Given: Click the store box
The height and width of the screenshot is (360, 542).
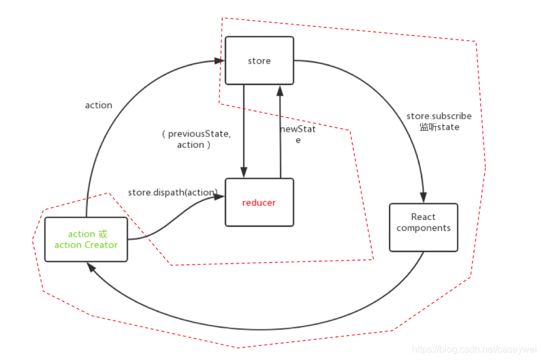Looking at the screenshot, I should tap(259, 60).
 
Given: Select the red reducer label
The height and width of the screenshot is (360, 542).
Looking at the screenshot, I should tap(259, 203).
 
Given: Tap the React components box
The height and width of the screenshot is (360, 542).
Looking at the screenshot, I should tap(423, 228).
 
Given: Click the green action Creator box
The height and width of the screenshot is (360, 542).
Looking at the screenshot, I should tap(86, 239).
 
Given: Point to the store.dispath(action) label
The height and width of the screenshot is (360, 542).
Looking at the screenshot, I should tap(173, 192).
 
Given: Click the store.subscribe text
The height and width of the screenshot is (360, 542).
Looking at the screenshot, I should tap(439, 116).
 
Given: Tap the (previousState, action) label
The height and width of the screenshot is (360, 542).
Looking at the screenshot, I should tap(194, 139).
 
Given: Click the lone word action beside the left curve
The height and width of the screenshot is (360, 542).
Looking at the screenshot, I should tap(99, 105).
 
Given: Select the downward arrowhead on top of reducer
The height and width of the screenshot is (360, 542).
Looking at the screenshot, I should tap(244, 171).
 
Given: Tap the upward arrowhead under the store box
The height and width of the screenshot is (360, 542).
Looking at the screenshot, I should tap(280, 89).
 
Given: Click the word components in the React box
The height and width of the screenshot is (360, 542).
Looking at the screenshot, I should tap(423, 228).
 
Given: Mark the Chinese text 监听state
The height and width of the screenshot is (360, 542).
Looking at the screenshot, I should tap(439, 127).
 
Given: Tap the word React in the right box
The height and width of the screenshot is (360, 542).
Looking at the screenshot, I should tap(423, 217).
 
